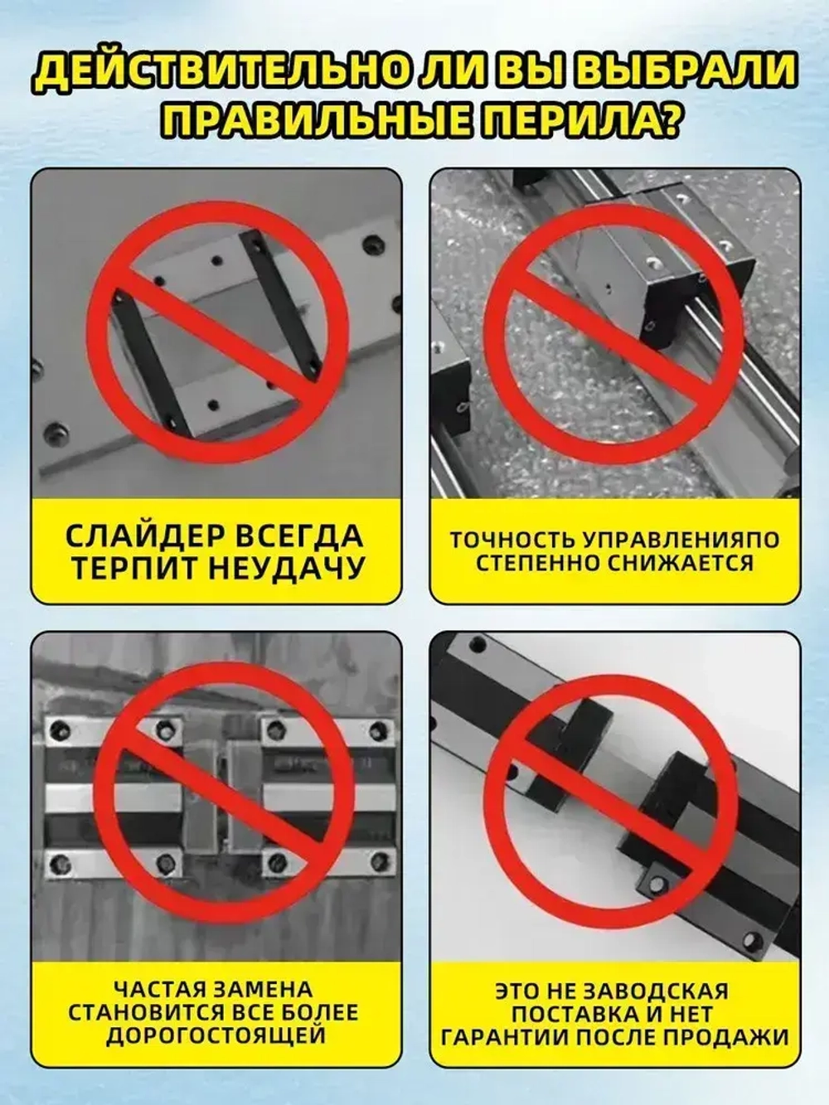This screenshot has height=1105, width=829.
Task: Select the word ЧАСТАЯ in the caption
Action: click(x=158, y=990)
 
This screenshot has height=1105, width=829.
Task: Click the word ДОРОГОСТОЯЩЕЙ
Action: click(x=215, y=1035)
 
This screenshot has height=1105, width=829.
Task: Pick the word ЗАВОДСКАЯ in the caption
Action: click(x=662, y=991)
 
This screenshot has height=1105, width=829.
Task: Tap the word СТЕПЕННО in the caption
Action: click(x=537, y=564)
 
